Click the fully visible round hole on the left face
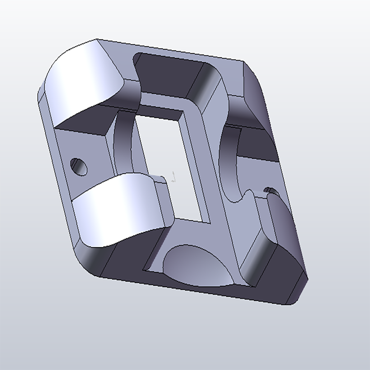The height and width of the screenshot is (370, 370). click(x=79, y=166)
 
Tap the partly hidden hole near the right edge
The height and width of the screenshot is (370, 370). click(x=272, y=191)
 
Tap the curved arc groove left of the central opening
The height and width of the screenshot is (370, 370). click(x=122, y=144)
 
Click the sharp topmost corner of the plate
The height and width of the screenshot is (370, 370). click(x=97, y=39)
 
